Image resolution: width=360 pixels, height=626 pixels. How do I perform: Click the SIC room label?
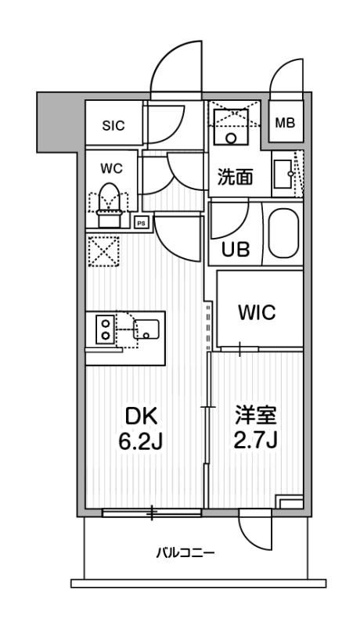(x=112, y=124)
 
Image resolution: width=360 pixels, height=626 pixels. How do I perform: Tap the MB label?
(x=284, y=123)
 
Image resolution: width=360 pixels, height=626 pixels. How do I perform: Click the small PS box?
(x=142, y=221)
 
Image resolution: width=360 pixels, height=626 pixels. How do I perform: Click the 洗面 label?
(x=234, y=176)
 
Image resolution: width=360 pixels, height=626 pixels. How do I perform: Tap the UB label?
(x=236, y=250)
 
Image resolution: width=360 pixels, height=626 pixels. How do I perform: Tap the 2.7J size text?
(x=256, y=442)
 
